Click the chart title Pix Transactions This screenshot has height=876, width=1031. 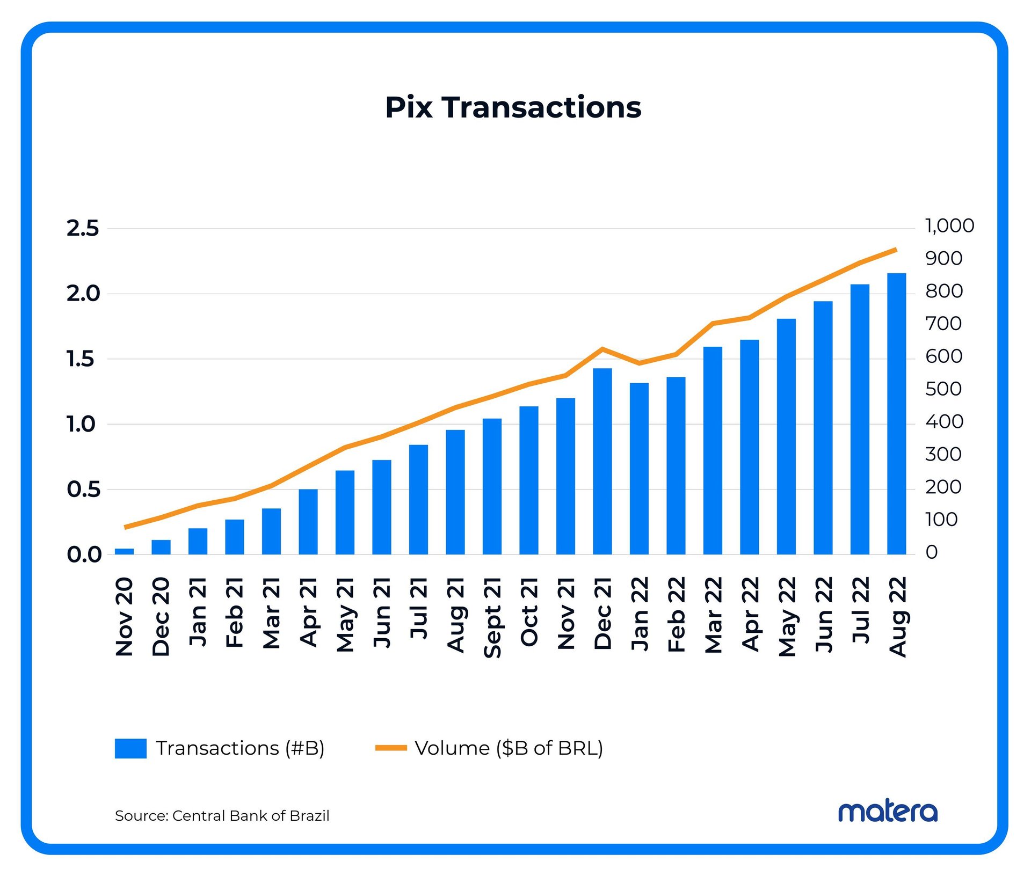[513, 107]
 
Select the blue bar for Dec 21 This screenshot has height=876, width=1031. [602, 462]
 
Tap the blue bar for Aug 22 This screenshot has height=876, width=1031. [896, 413]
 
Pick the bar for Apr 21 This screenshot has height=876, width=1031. [308, 522]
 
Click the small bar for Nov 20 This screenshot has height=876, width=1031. [125, 551]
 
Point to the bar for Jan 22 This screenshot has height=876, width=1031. [639, 469]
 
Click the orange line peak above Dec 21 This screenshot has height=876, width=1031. [602, 349]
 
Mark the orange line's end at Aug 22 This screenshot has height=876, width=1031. [895, 250]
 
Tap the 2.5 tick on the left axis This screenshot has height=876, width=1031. [83, 229]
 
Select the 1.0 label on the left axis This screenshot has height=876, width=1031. [81, 425]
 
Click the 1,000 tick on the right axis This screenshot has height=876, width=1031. [949, 226]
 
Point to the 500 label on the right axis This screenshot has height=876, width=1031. [943, 389]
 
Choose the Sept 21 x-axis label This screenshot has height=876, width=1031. [492, 617]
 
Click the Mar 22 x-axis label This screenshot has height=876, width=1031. [713, 615]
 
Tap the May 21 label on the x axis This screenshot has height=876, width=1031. [345, 615]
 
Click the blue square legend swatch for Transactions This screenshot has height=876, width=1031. [130, 748]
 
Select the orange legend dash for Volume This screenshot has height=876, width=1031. [391, 748]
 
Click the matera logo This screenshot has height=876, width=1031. [888, 812]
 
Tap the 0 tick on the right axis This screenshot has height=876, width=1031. [932, 552]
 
